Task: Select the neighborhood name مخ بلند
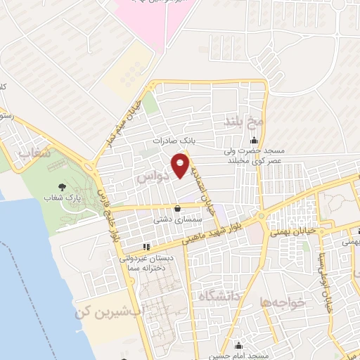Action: pos(243,122)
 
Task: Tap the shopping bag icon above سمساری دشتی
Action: pos(176,209)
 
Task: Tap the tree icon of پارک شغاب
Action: pos(63,188)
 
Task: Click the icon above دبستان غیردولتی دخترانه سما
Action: pos(146,247)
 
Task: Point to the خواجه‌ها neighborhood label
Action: pos(283,302)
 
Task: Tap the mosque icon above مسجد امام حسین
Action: pos(239,345)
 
